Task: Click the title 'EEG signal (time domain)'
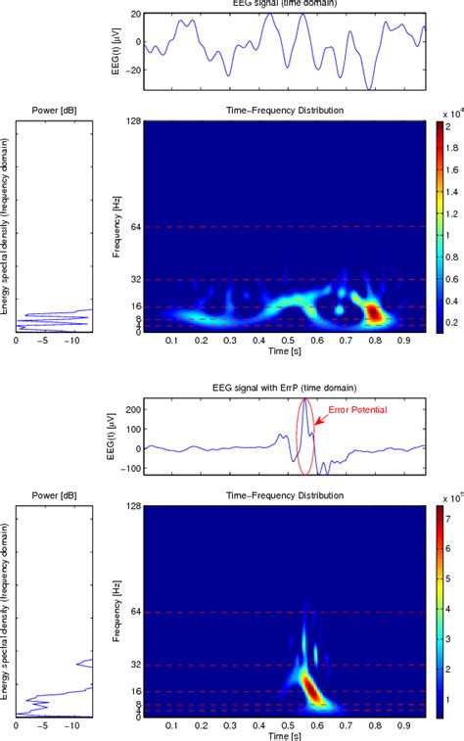point(285,5)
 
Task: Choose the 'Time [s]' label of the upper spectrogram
point(285,349)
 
